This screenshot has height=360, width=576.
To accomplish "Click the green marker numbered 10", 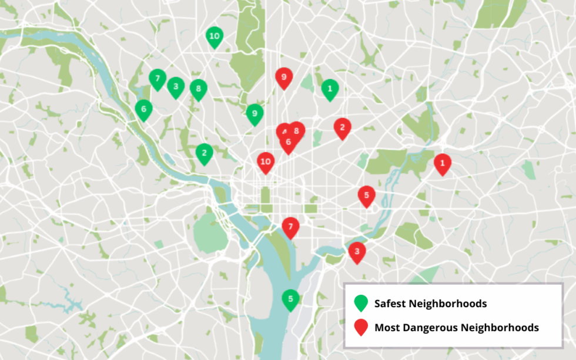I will click(x=215, y=36).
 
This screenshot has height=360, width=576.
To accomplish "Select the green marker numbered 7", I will click(x=157, y=78).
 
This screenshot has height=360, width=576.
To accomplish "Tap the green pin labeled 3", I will click(x=175, y=87).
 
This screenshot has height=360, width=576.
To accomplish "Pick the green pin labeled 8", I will click(x=199, y=89).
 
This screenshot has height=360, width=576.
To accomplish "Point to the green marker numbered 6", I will click(x=143, y=109).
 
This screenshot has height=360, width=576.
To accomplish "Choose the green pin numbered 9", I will click(x=254, y=113).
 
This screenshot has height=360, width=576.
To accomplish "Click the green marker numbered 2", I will click(x=204, y=153).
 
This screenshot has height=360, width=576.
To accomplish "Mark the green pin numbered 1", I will click(x=330, y=89).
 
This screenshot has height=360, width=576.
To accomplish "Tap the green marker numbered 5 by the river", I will click(x=290, y=299).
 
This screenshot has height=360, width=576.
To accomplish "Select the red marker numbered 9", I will click(x=284, y=77).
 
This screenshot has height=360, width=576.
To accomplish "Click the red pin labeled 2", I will click(x=342, y=127).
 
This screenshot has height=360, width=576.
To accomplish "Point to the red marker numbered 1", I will click(x=442, y=163).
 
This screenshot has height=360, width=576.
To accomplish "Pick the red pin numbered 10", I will click(x=266, y=162).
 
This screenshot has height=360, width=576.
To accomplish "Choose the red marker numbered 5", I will click(x=366, y=196).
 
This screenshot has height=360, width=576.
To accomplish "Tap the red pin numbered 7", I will click(x=290, y=227).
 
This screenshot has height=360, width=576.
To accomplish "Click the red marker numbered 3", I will click(x=356, y=251).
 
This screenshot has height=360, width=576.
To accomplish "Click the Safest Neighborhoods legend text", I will click(x=430, y=304).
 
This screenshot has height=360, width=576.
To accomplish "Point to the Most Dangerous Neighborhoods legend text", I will click(x=456, y=328).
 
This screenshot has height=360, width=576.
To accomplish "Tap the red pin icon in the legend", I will click(x=361, y=327).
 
